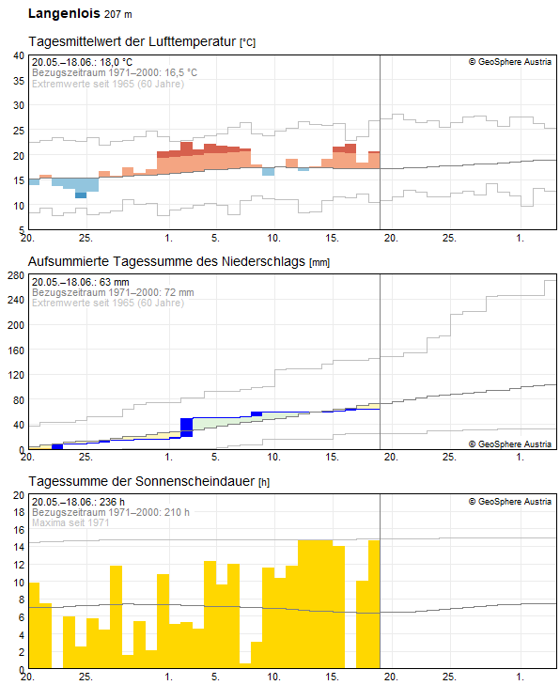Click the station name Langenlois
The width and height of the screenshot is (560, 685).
click(x=64, y=14)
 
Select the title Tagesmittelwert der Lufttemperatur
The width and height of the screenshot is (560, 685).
click(x=132, y=42)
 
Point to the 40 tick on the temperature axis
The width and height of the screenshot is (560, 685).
click(x=19, y=55)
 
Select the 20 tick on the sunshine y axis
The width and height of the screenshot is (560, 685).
click(x=19, y=495)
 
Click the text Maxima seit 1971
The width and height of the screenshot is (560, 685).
click(x=71, y=522)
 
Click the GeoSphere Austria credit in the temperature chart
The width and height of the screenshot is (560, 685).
click(x=510, y=62)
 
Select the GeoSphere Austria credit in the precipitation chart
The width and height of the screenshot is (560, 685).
click(x=510, y=444)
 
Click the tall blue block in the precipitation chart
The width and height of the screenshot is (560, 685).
click(x=186, y=427)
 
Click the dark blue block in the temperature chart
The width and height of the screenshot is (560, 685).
click(x=81, y=195)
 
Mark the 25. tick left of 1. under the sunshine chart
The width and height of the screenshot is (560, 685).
click(x=86, y=677)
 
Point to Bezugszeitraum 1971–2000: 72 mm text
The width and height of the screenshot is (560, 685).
click(x=112, y=292)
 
